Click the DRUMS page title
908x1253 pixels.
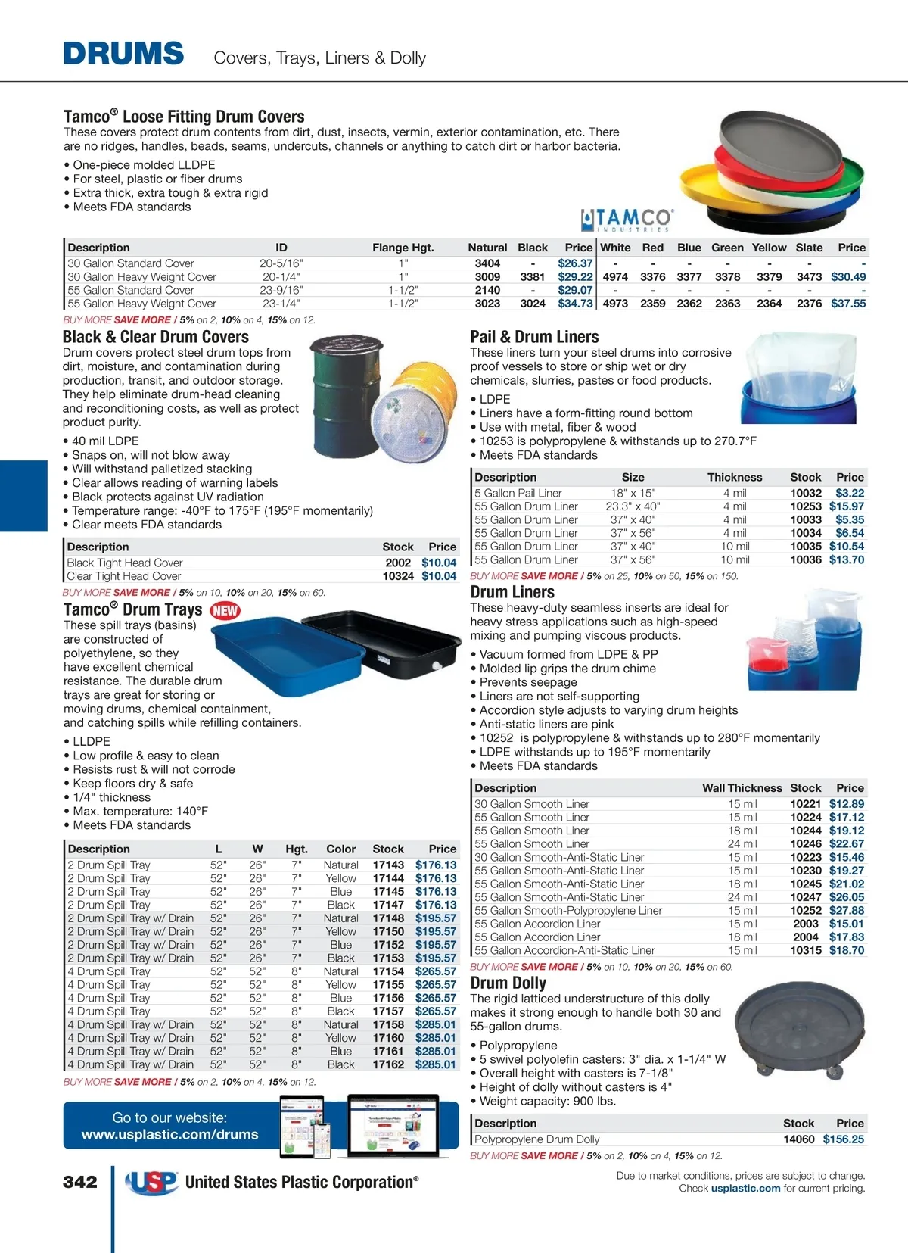click(x=123, y=55)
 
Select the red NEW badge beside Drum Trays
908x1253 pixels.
click(x=225, y=610)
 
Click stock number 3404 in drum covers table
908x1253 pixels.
click(x=487, y=263)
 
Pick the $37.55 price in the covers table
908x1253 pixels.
click(x=847, y=304)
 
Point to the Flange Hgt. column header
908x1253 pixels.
click(x=403, y=248)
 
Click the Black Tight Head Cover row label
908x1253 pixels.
click(x=125, y=563)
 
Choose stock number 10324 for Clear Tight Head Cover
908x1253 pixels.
click(x=398, y=576)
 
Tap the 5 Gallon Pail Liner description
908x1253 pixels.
click(x=518, y=493)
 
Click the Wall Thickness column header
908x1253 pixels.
click(x=742, y=788)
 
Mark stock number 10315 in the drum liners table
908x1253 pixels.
click(x=805, y=950)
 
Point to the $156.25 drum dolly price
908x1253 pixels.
click(x=843, y=1139)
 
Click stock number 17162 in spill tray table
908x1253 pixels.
click(x=388, y=1064)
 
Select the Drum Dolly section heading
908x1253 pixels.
click(x=508, y=983)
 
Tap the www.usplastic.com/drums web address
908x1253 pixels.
click(x=170, y=1135)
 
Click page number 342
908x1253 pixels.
click(x=80, y=1182)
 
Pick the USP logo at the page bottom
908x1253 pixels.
click(x=151, y=1182)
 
